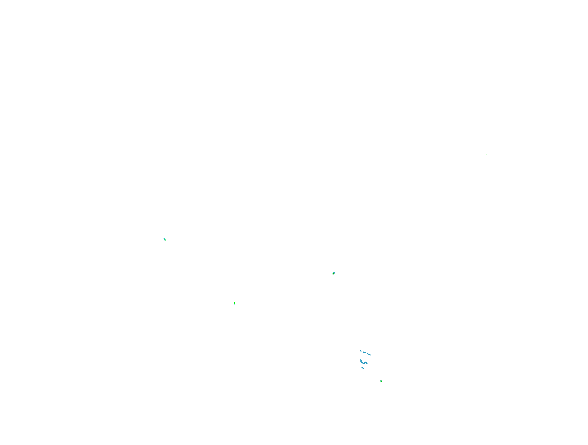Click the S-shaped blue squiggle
coord(363,362)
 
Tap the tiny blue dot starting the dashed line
coord(361,351)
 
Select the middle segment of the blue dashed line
coord(364,352)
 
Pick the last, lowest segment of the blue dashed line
coord(369,355)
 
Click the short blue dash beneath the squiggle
coord(363,368)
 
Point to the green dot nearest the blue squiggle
coord(381,381)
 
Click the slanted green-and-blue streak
coord(165,239)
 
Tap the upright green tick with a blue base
coord(234,303)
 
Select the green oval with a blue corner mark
coord(333,273)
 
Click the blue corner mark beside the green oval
coord(334,272)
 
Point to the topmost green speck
coord(486,155)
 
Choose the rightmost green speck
coord(521,302)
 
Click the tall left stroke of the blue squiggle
coord(361,361)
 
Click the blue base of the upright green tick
coord(234,304)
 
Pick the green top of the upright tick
coord(234,303)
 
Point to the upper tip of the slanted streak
coord(164,238)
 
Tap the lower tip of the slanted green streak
coord(165,241)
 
